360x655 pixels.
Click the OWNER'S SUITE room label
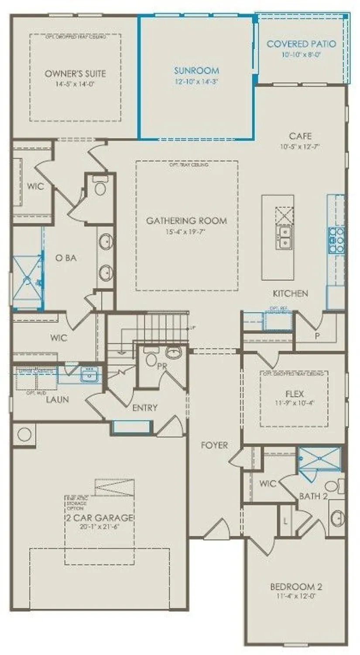(x=75, y=73)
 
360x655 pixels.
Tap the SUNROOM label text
(x=196, y=70)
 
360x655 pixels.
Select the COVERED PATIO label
(x=301, y=44)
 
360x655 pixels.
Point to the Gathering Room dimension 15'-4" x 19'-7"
(x=186, y=232)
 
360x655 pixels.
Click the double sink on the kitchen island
(x=284, y=236)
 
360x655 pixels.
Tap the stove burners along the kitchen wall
(x=336, y=241)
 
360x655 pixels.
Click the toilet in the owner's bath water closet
(x=100, y=188)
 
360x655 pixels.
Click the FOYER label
(x=214, y=445)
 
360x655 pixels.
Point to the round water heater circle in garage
(x=24, y=434)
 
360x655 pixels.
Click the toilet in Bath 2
(x=333, y=486)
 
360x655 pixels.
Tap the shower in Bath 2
(x=319, y=458)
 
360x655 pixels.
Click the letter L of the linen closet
(x=285, y=521)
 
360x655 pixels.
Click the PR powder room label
(x=161, y=366)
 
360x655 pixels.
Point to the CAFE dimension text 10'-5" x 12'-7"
(x=301, y=147)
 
